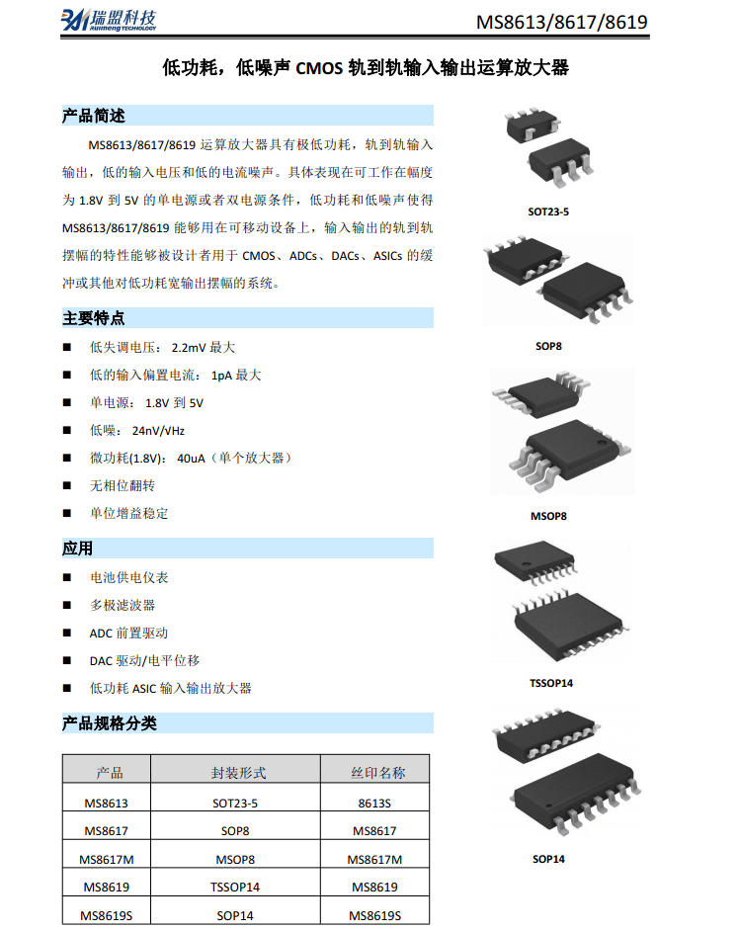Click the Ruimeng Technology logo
[x=109, y=20]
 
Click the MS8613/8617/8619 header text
[x=561, y=22]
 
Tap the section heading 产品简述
[x=94, y=116]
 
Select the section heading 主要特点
[x=94, y=318]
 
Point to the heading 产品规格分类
[x=110, y=723]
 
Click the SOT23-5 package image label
[x=548, y=212]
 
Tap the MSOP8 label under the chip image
[x=548, y=516]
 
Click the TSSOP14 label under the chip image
[x=551, y=683]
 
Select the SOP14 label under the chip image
[x=548, y=859]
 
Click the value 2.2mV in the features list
[x=189, y=347]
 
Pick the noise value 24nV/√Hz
[x=158, y=431]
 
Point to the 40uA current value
[x=191, y=459]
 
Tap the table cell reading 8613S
[x=374, y=804]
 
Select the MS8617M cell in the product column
[x=107, y=859]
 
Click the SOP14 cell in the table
[x=235, y=915]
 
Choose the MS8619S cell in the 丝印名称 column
[x=375, y=915]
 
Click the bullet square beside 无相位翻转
[x=67, y=485]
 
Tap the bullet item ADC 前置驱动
[x=128, y=633]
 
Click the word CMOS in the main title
[x=319, y=69]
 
